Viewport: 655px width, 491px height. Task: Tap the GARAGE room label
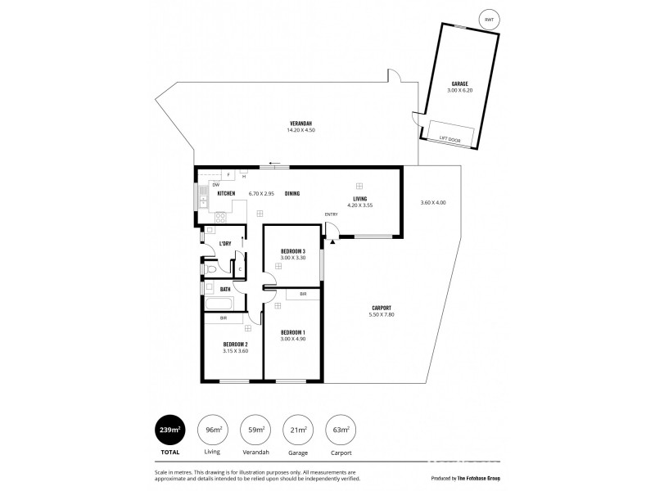click(459, 84)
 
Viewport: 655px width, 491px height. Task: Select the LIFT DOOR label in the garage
click(449, 139)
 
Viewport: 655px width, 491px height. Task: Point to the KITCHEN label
click(226, 193)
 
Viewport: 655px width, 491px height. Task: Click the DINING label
click(291, 193)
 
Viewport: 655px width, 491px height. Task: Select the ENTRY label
click(331, 214)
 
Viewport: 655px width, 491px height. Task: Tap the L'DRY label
click(224, 244)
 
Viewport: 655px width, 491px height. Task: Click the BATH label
click(224, 288)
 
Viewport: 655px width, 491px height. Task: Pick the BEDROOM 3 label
click(292, 251)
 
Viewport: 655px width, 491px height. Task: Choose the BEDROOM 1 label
click(292, 331)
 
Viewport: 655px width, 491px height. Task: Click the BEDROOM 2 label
click(235, 344)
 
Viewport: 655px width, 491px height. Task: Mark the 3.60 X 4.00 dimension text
click(432, 202)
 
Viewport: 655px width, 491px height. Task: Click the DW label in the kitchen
click(215, 184)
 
